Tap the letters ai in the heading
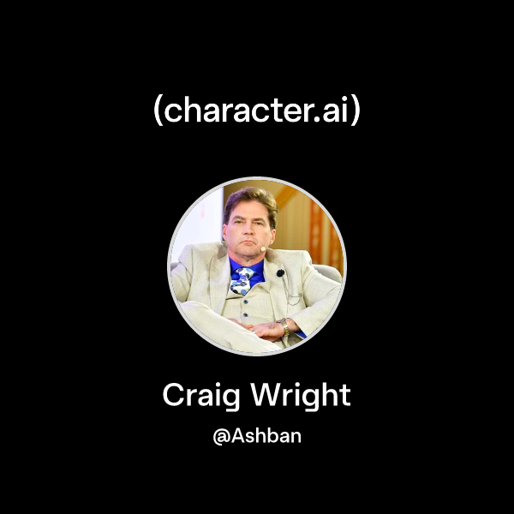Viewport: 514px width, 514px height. pos(335,111)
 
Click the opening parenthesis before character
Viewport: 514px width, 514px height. pos(158,112)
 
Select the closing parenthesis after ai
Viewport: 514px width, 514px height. pos(355,112)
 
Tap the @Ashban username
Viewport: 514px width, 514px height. pos(257,435)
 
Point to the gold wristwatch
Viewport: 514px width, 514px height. pos(284,326)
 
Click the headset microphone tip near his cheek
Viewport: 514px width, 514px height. pos(264,249)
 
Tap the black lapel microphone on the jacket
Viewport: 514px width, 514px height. pos(280,273)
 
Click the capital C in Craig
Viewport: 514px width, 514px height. pos(173,396)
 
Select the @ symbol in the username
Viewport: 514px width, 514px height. pos(219,436)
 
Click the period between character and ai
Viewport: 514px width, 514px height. pos(319,119)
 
